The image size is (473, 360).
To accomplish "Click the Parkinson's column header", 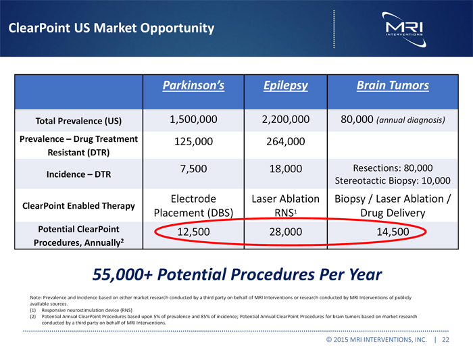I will click(193, 86).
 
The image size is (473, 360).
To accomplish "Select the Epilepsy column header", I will click(284, 86).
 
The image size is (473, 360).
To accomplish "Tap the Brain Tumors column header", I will click(392, 86).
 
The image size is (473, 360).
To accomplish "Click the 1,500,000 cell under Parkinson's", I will click(193, 120).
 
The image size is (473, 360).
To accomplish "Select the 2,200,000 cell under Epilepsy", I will click(285, 120).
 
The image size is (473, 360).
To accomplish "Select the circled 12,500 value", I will click(193, 232).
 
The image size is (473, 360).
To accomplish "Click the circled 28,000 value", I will click(285, 232).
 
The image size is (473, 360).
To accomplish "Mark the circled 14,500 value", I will click(392, 232).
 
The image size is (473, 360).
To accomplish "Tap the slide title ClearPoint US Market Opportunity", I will click(111, 28).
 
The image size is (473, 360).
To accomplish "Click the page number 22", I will click(445, 340).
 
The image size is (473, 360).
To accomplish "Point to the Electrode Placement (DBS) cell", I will click(193, 206).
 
